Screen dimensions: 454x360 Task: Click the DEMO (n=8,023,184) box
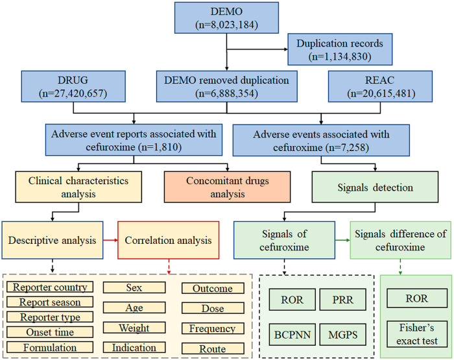pyautogui.click(x=226, y=18)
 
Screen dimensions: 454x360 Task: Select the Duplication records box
pyautogui.click(x=340, y=49)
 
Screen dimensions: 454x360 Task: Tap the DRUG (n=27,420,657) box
pyautogui.click(x=73, y=86)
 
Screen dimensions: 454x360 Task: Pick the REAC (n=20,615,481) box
pyautogui.click(x=380, y=86)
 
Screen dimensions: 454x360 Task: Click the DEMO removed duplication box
pyautogui.click(x=227, y=86)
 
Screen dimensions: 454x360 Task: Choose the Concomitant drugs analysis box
pyautogui.click(x=227, y=187)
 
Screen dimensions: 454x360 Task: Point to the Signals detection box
pyautogui.click(x=375, y=187)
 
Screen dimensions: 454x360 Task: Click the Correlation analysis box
pyautogui.click(x=168, y=240)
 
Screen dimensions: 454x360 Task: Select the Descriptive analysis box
pyautogui.click(x=53, y=240)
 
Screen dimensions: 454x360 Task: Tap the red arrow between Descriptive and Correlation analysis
pyautogui.click(x=110, y=240)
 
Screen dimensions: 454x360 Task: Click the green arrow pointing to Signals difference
pyautogui.click(x=342, y=240)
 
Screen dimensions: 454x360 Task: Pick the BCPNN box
pyautogui.click(x=292, y=335)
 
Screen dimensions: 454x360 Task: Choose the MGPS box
pyautogui.click(x=343, y=335)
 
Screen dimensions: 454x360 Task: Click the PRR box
pyautogui.click(x=343, y=300)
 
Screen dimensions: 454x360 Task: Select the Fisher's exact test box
pyautogui.click(x=417, y=334)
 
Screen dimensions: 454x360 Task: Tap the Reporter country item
pyautogui.click(x=50, y=287)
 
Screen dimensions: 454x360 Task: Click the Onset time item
pyautogui.click(x=50, y=332)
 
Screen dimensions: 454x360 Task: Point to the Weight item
pyautogui.click(x=134, y=328)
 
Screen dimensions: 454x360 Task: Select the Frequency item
pyautogui.click(x=213, y=328)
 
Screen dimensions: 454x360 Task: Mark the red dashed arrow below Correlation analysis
pyautogui.click(x=169, y=267)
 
